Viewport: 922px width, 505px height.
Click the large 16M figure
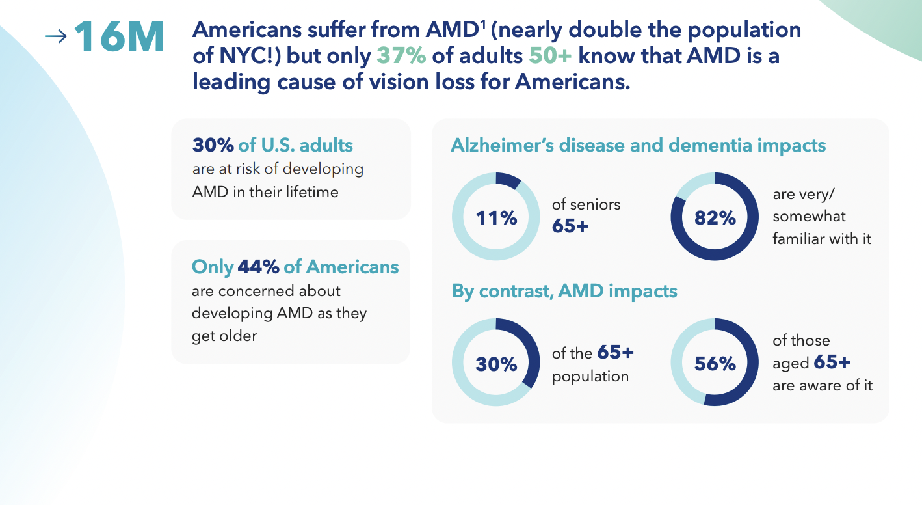[x=120, y=38]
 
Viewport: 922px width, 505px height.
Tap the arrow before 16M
[x=56, y=37]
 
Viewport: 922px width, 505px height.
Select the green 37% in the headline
[x=401, y=56]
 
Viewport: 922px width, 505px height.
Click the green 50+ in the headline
[x=550, y=56]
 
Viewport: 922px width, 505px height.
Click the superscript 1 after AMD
[x=483, y=24]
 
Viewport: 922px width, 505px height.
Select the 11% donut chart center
[x=495, y=217]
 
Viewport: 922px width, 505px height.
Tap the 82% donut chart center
[x=715, y=217]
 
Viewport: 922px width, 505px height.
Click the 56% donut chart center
[x=715, y=363]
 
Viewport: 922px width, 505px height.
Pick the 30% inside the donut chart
[x=495, y=363]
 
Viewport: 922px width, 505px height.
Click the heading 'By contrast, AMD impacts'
[x=564, y=291]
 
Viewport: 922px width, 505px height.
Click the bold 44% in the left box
[x=259, y=267]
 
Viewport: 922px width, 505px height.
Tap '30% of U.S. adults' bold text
[x=272, y=144]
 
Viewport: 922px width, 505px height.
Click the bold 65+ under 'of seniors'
[x=570, y=226]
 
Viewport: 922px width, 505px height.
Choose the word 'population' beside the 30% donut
[x=590, y=377]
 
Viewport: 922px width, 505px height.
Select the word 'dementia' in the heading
[x=698, y=145]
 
